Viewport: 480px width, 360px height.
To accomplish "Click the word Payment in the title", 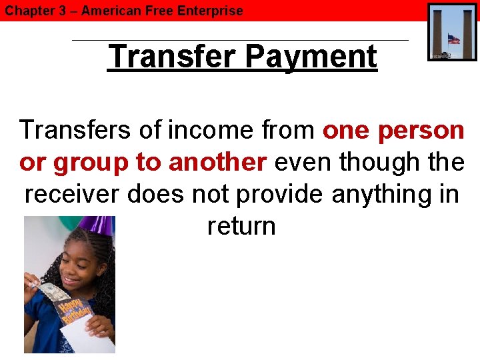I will [x=311, y=57].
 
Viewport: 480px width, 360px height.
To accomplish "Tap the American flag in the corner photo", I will [x=454, y=39].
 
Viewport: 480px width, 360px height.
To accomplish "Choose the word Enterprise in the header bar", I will [x=211, y=11].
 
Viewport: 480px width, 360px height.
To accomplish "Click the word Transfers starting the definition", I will [x=76, y=130].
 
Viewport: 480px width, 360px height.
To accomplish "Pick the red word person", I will [x=421, y=130].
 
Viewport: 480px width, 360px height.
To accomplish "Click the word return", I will [x=241, y=226].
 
